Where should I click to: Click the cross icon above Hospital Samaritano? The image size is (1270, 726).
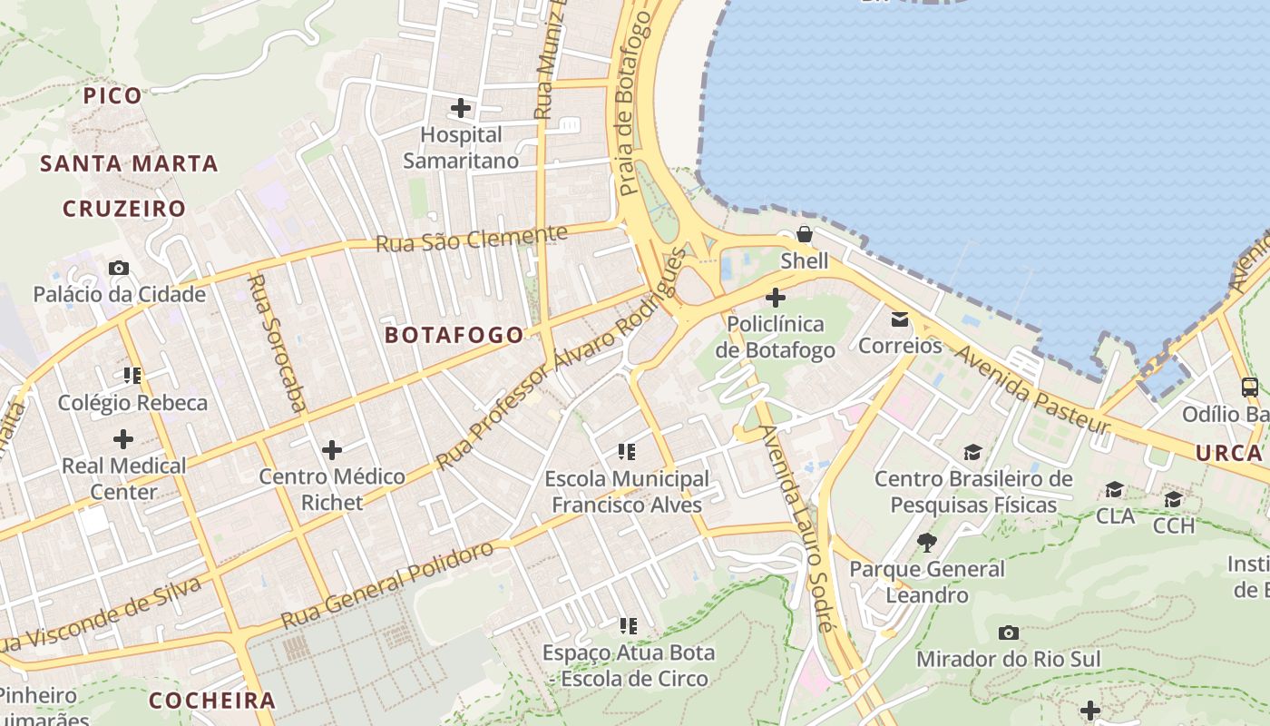[x=461, y=108]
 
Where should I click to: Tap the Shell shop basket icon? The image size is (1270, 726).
[x=804, y=234]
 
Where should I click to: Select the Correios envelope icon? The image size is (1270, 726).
[x=899, y=319]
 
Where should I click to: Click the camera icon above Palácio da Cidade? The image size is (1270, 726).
[x=119, y=268]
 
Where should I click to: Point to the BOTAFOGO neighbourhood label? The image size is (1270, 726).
[x=454, y=335]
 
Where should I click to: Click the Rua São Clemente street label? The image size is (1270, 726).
[x=471, y=239]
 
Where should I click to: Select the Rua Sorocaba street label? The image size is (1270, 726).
[x=278, y=343]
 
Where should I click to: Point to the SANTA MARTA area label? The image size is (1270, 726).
[x=129, y=164]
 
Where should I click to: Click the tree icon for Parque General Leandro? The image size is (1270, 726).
[x=926, y=543]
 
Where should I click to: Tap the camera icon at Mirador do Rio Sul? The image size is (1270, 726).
[x=1008, y=633]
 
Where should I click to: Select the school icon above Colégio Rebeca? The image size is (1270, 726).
[x=132, y=376]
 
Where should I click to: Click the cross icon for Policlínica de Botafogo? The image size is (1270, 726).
[x=776, y=297]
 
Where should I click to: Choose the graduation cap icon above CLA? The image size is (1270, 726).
[x=1114, y=490]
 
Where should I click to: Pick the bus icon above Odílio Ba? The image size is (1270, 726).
[x=1249, y=388]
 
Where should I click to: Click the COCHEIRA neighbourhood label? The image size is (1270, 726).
[x=211, y=701]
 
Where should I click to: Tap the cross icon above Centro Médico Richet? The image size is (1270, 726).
[x=332, y=449]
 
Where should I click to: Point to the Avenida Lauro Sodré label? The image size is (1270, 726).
[x=796, y=528]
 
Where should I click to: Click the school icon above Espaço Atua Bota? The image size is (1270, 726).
[x=628, y=625]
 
